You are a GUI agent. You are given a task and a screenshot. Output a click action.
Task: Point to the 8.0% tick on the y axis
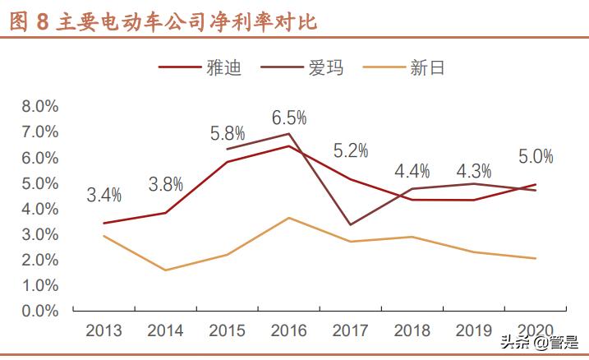[39, 106]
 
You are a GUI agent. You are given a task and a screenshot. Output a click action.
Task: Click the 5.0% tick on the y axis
[39, 183]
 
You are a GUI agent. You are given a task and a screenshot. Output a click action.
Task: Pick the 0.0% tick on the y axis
[39, 311]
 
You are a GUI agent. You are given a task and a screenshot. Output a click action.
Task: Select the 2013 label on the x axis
[104, 330]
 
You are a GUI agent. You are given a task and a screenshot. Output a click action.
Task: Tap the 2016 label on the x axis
[288, 330]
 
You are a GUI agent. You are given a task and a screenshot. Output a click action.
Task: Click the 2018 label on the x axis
[412, 330]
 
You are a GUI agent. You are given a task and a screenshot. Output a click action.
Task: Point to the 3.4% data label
[104, 195]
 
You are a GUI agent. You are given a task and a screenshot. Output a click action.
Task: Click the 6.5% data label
[288, 118]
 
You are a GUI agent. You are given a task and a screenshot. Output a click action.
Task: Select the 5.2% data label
[351, 150]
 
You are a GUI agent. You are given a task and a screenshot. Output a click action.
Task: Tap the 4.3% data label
[474, 172]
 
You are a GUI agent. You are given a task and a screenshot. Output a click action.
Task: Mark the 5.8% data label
[228, 132]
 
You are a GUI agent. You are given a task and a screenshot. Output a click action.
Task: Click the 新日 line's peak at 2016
[288, 218]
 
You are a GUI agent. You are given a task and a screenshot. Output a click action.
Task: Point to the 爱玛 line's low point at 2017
[351, 224]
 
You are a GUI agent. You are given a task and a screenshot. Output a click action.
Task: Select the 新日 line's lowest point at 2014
[165, 270]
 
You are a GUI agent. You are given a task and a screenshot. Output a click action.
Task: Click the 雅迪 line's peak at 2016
[288, 146]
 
